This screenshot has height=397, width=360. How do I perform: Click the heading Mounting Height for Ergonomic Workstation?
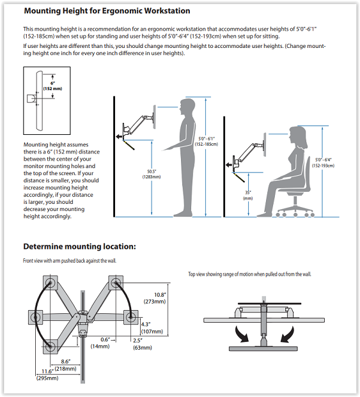107,11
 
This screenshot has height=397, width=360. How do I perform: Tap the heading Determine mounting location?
79,246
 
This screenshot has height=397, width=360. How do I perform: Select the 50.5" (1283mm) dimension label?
151,174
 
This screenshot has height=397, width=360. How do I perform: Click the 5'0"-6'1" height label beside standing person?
207,141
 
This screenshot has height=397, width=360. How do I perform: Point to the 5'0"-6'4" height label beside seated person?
323,162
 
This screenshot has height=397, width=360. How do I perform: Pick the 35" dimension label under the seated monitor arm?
248,195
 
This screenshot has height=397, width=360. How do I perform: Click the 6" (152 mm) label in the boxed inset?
52,86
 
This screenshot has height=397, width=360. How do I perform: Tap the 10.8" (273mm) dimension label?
155,298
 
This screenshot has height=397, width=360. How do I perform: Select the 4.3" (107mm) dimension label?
152,328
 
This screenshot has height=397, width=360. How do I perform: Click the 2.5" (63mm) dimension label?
143,344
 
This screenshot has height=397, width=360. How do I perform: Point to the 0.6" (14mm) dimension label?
100,343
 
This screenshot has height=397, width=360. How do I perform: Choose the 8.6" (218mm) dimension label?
66,365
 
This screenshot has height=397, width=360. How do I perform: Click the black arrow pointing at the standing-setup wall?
120,137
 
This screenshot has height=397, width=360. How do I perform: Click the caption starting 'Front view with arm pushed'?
70,261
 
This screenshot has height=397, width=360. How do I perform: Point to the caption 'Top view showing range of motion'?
249,274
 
